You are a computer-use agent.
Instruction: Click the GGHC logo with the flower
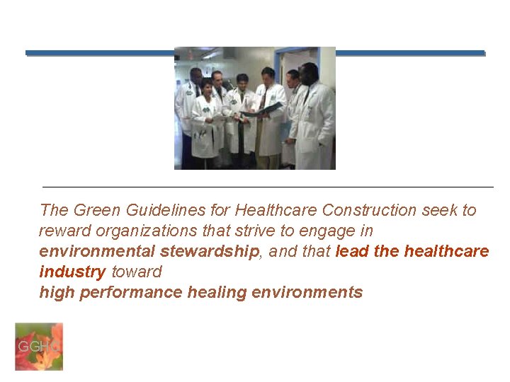[x=39, y=347]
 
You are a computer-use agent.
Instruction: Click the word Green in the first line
[x=94, y=210]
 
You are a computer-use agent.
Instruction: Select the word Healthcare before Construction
[x=277, y=210]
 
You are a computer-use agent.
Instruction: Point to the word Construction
[x=370, y=210]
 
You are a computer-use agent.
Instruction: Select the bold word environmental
[x=97, y=251]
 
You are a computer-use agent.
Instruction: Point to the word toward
[x=137, y=272]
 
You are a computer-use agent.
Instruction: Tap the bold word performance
[x=133, y=292]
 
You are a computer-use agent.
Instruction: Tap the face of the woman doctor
[x=207, y=86]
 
